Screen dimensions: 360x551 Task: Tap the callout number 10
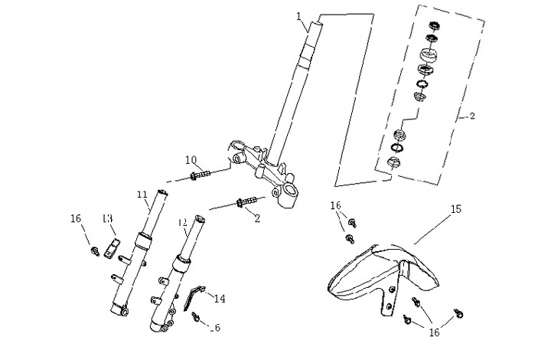click(x=191, y=159)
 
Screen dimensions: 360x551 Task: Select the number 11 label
click(x=142, y=195)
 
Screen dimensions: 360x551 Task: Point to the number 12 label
click(x=181, y=223)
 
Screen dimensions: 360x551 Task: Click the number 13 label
click(x=108, y=219)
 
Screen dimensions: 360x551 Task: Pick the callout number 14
click(x=220, y=298)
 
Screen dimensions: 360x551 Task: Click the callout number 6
click(x=217, y=328)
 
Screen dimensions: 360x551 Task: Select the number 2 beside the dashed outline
click(x=472, y=116)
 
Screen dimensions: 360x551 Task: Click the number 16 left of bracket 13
click(x=76, y=219)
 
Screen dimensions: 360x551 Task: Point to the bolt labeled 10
click(x=201, y=175)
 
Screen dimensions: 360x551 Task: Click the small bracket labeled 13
click(x=114, y=248)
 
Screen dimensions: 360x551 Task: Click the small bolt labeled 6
click(x=196, y=315)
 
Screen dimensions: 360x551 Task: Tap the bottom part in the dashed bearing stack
click(x=396, y=162)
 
